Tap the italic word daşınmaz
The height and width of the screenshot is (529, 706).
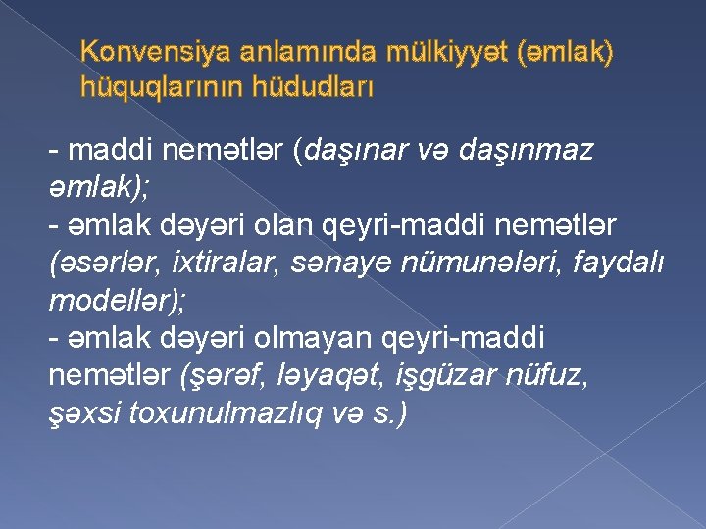click(x=524, y=153)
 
